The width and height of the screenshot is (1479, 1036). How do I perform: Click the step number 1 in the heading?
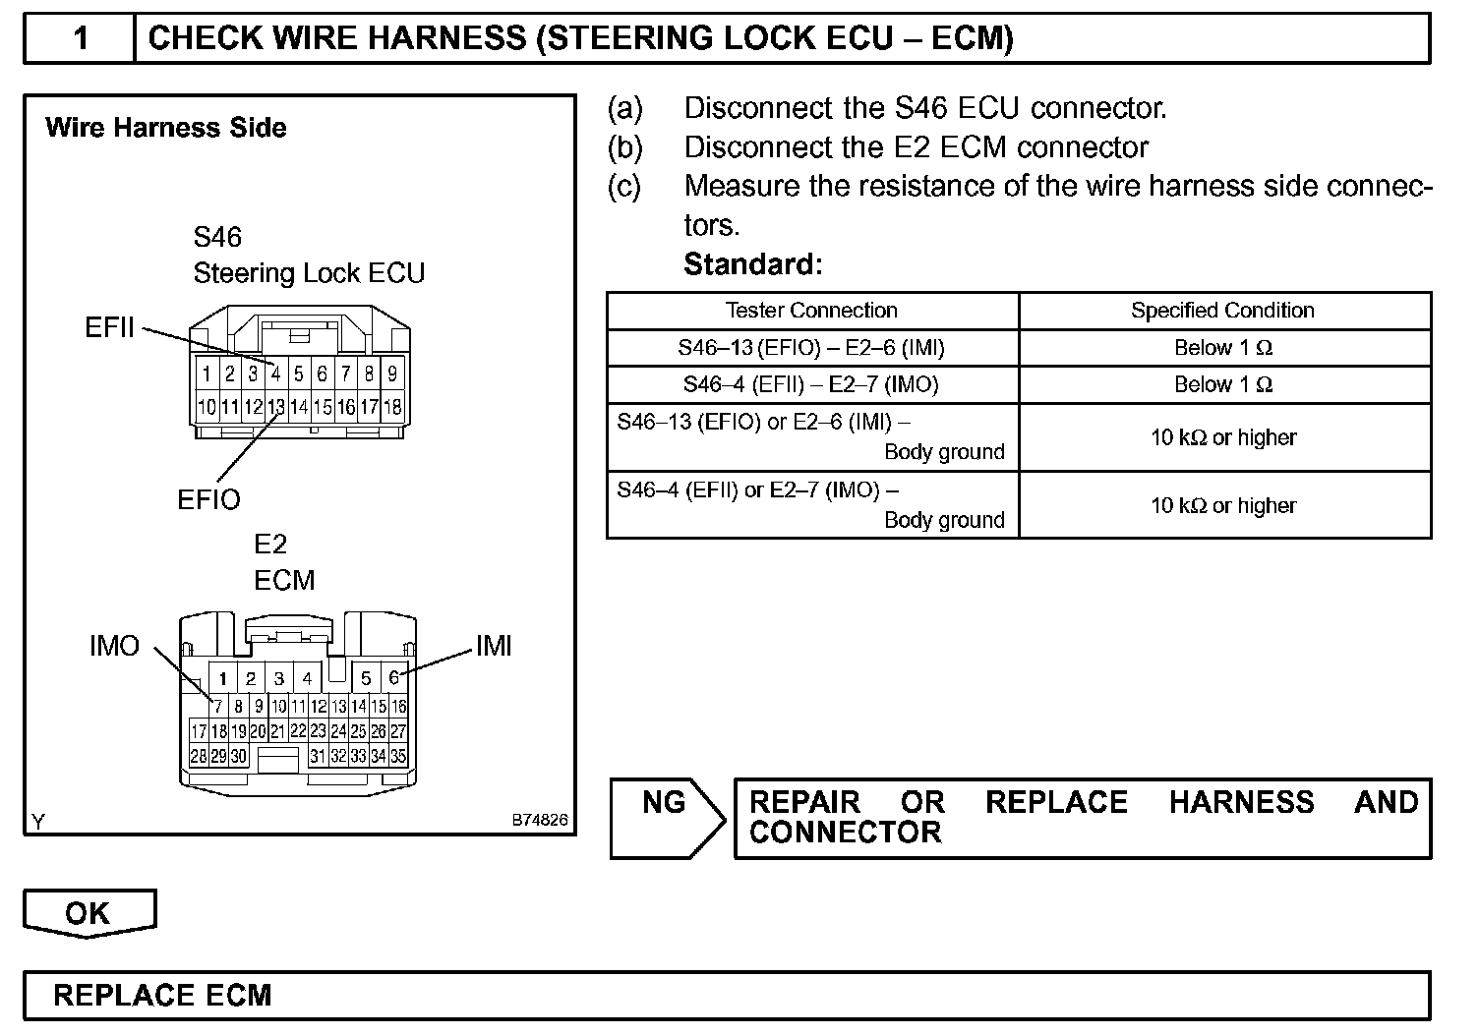[81, 39]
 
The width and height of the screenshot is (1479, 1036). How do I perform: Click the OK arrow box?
[89, 913]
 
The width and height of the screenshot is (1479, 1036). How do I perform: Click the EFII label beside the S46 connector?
[109, 327]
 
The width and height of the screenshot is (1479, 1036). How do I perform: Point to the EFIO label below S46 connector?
[208, 499]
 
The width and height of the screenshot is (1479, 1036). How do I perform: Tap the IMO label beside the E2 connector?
[114, 646]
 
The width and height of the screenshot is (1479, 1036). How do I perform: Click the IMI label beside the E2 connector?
[494, 646]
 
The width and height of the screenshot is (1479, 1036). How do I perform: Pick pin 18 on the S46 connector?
[392, 406]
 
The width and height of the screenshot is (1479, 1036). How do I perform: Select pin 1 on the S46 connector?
[207, 374]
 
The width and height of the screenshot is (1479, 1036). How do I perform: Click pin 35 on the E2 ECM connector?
[398, 756]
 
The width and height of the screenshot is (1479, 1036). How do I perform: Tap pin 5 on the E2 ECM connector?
[366, 678]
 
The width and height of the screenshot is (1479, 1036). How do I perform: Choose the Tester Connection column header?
[811, 311]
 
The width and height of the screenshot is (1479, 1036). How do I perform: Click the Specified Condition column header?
[1222, 311]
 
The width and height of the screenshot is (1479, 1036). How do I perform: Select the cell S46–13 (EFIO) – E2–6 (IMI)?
[811, 348]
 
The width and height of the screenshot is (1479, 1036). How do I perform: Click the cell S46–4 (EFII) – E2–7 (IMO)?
[811, 385]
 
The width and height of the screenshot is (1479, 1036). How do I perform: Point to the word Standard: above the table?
[752, 264]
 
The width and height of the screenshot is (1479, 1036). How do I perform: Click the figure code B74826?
[539, 820]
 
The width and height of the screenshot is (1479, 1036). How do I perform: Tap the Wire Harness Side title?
[166, 128]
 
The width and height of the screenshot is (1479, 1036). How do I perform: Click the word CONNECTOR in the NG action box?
[845, 833]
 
